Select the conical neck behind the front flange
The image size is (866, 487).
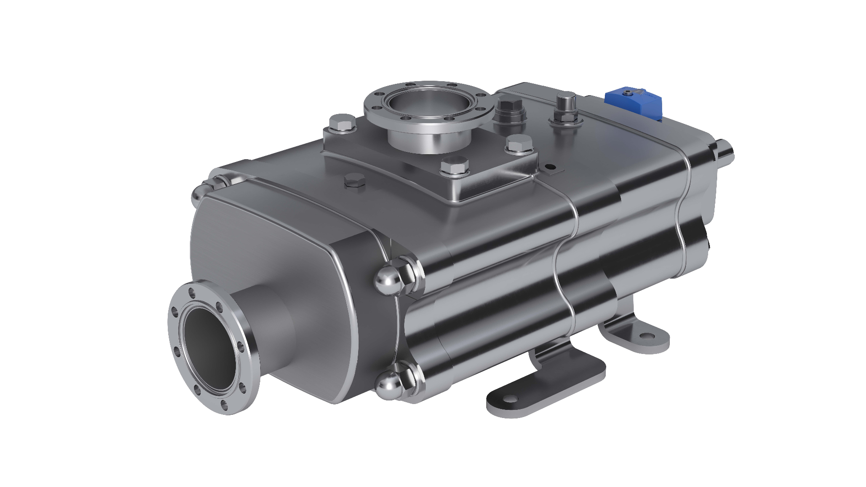tap(266, 316)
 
